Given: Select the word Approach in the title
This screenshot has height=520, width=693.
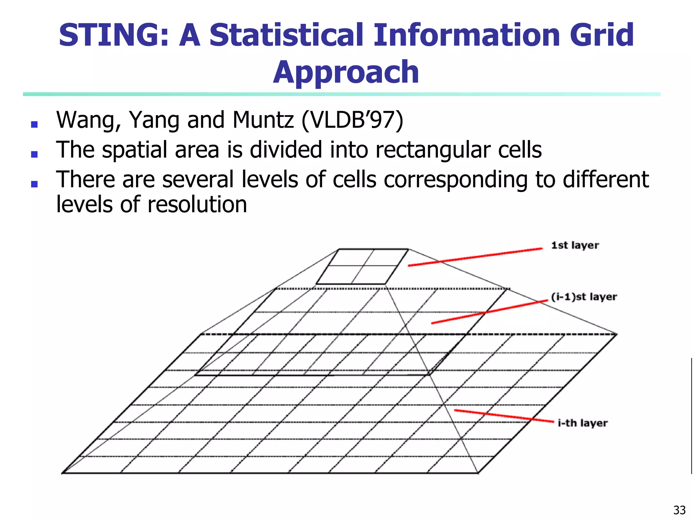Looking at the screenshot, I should [x=346, y=72].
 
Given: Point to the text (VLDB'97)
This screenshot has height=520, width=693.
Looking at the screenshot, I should [x=352, y=120].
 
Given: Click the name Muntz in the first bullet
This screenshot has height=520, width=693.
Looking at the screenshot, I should [x=263, y=120].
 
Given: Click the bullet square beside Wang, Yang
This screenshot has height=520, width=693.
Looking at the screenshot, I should [x=34, y=124].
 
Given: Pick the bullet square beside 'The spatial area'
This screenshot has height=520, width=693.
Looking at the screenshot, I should [x=34, y=154].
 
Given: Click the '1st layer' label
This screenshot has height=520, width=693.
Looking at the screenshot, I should [x=575, y=245].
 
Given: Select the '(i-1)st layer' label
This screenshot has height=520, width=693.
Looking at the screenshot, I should [x=584, y=297].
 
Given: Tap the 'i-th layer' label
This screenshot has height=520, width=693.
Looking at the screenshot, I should [x=582, y=423].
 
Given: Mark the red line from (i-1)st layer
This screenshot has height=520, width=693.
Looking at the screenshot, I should [x=489, y=312].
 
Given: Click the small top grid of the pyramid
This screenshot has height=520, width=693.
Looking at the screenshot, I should [x=362, y=266].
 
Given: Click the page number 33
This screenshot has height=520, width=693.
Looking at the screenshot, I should [x=679, y=510].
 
